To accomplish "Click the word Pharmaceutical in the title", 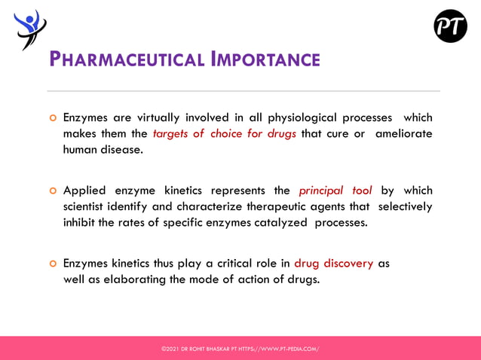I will (x=127, y=59).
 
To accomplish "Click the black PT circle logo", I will (x=450, y=26).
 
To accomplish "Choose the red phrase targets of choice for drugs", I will (x=225, y=134).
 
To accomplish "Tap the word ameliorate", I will (x=404, y=134).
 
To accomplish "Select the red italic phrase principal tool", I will (x=335, y=191).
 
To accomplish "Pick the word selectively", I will (x=405, y=206).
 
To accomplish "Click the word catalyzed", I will (x=279, y=222).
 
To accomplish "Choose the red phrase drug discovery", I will (x=333, y=264).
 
